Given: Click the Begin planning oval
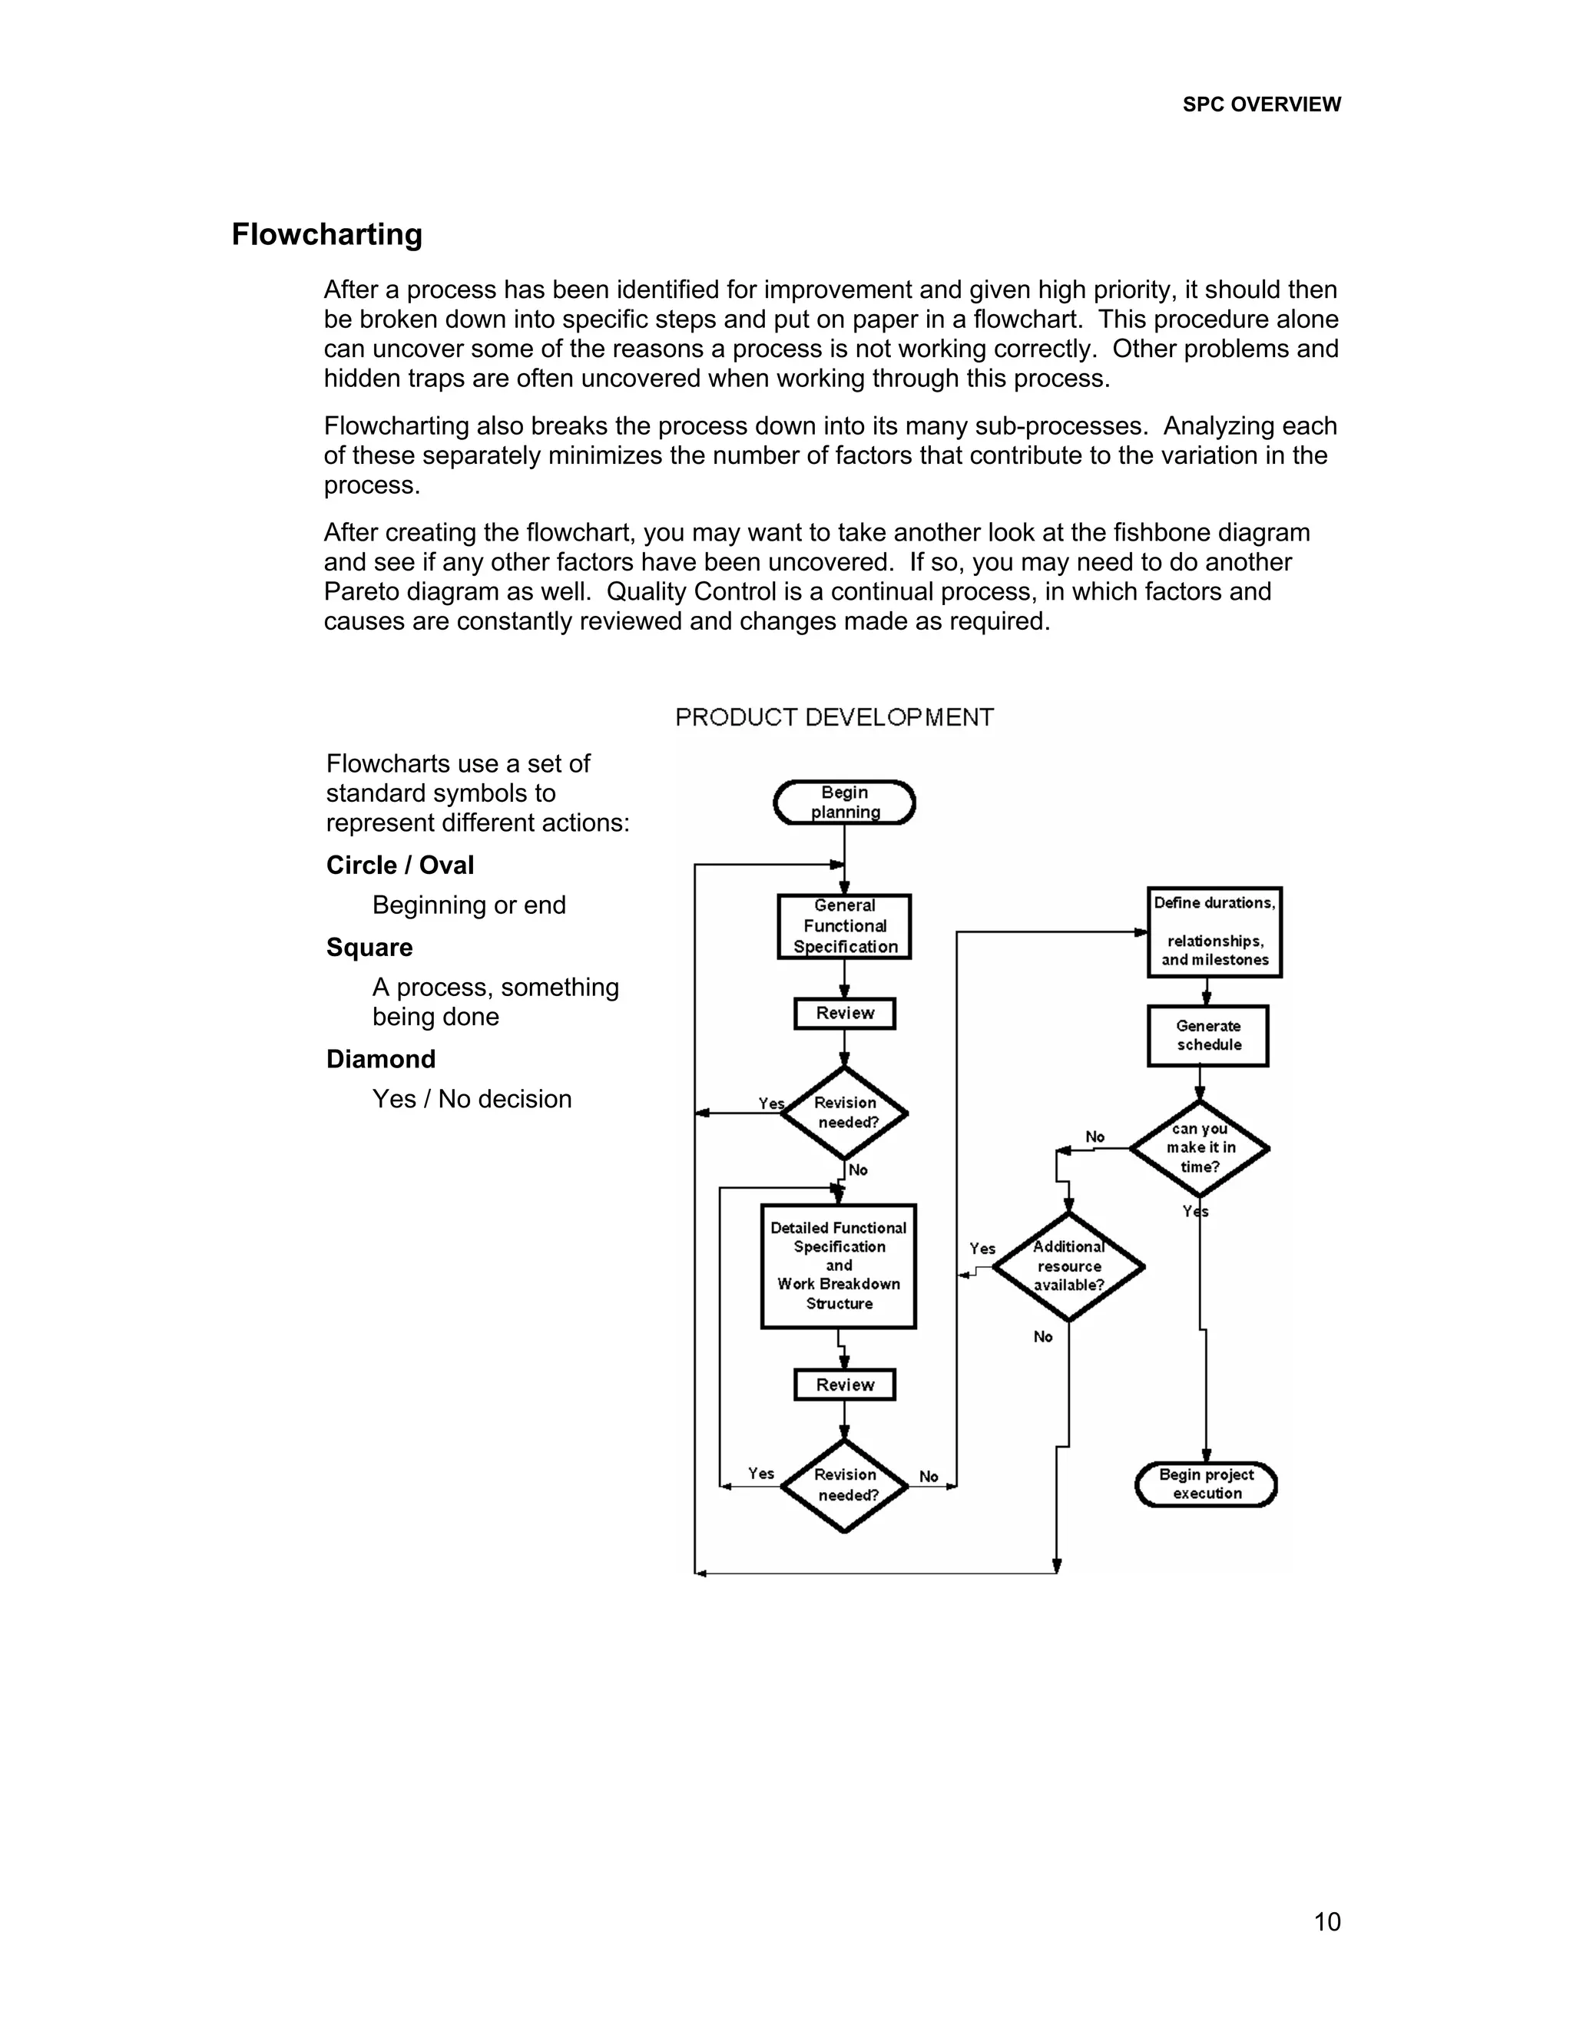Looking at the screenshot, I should (x=844, y=802).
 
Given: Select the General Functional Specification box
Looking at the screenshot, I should (x=844, y=926).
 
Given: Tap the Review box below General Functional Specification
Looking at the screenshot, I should (x=844, y=1013).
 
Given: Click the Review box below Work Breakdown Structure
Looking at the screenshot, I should (x=844, y=1385).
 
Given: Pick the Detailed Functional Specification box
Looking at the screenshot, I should (x=839, y=1266).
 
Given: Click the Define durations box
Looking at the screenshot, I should (x=1214, y=931).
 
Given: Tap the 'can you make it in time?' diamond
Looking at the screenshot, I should (x=1199, y=1148).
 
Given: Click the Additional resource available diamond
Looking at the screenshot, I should (x=1068, y=1266).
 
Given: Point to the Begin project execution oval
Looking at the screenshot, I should (x=1206, y=1484).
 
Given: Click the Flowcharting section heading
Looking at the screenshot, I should (x=327, y=235).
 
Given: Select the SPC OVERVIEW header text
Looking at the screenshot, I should (x=1261, y=105).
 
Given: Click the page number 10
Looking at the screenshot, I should (x=1327, y=1921).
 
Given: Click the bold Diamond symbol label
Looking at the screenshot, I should (x=381, y=1060).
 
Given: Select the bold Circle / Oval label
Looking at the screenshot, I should (x=399, y=865).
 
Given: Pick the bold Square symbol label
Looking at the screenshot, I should (x=369, y=948).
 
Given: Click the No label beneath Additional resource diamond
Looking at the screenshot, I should (x=1043, y=1337).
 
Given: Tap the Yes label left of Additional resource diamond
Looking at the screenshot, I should (x=982, y=1249).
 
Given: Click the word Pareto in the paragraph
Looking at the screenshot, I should (x=363, y=593).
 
